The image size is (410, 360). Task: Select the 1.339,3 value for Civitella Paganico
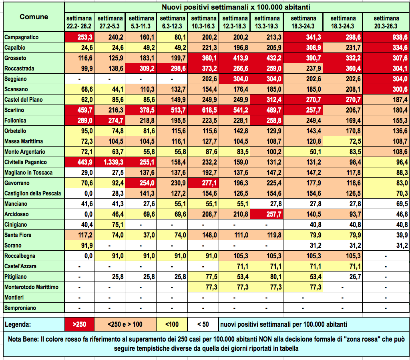111,162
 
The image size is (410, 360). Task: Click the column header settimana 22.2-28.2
80,22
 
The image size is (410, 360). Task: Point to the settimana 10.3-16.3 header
203,22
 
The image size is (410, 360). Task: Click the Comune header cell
34,17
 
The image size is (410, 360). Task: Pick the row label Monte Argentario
25,152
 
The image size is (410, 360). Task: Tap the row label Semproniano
20,308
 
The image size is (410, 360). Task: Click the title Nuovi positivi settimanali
237,7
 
